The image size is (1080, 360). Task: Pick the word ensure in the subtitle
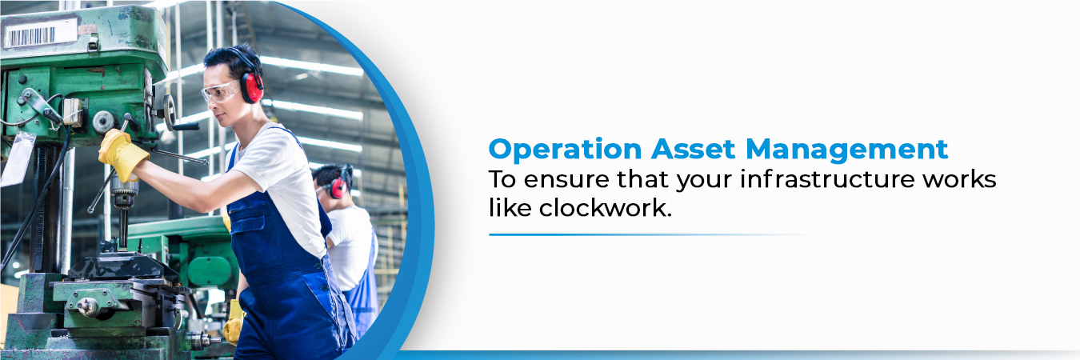tap(556, 181)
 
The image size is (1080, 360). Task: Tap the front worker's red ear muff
tap(252, 86)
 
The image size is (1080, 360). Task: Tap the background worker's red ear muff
tap(338, 188)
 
